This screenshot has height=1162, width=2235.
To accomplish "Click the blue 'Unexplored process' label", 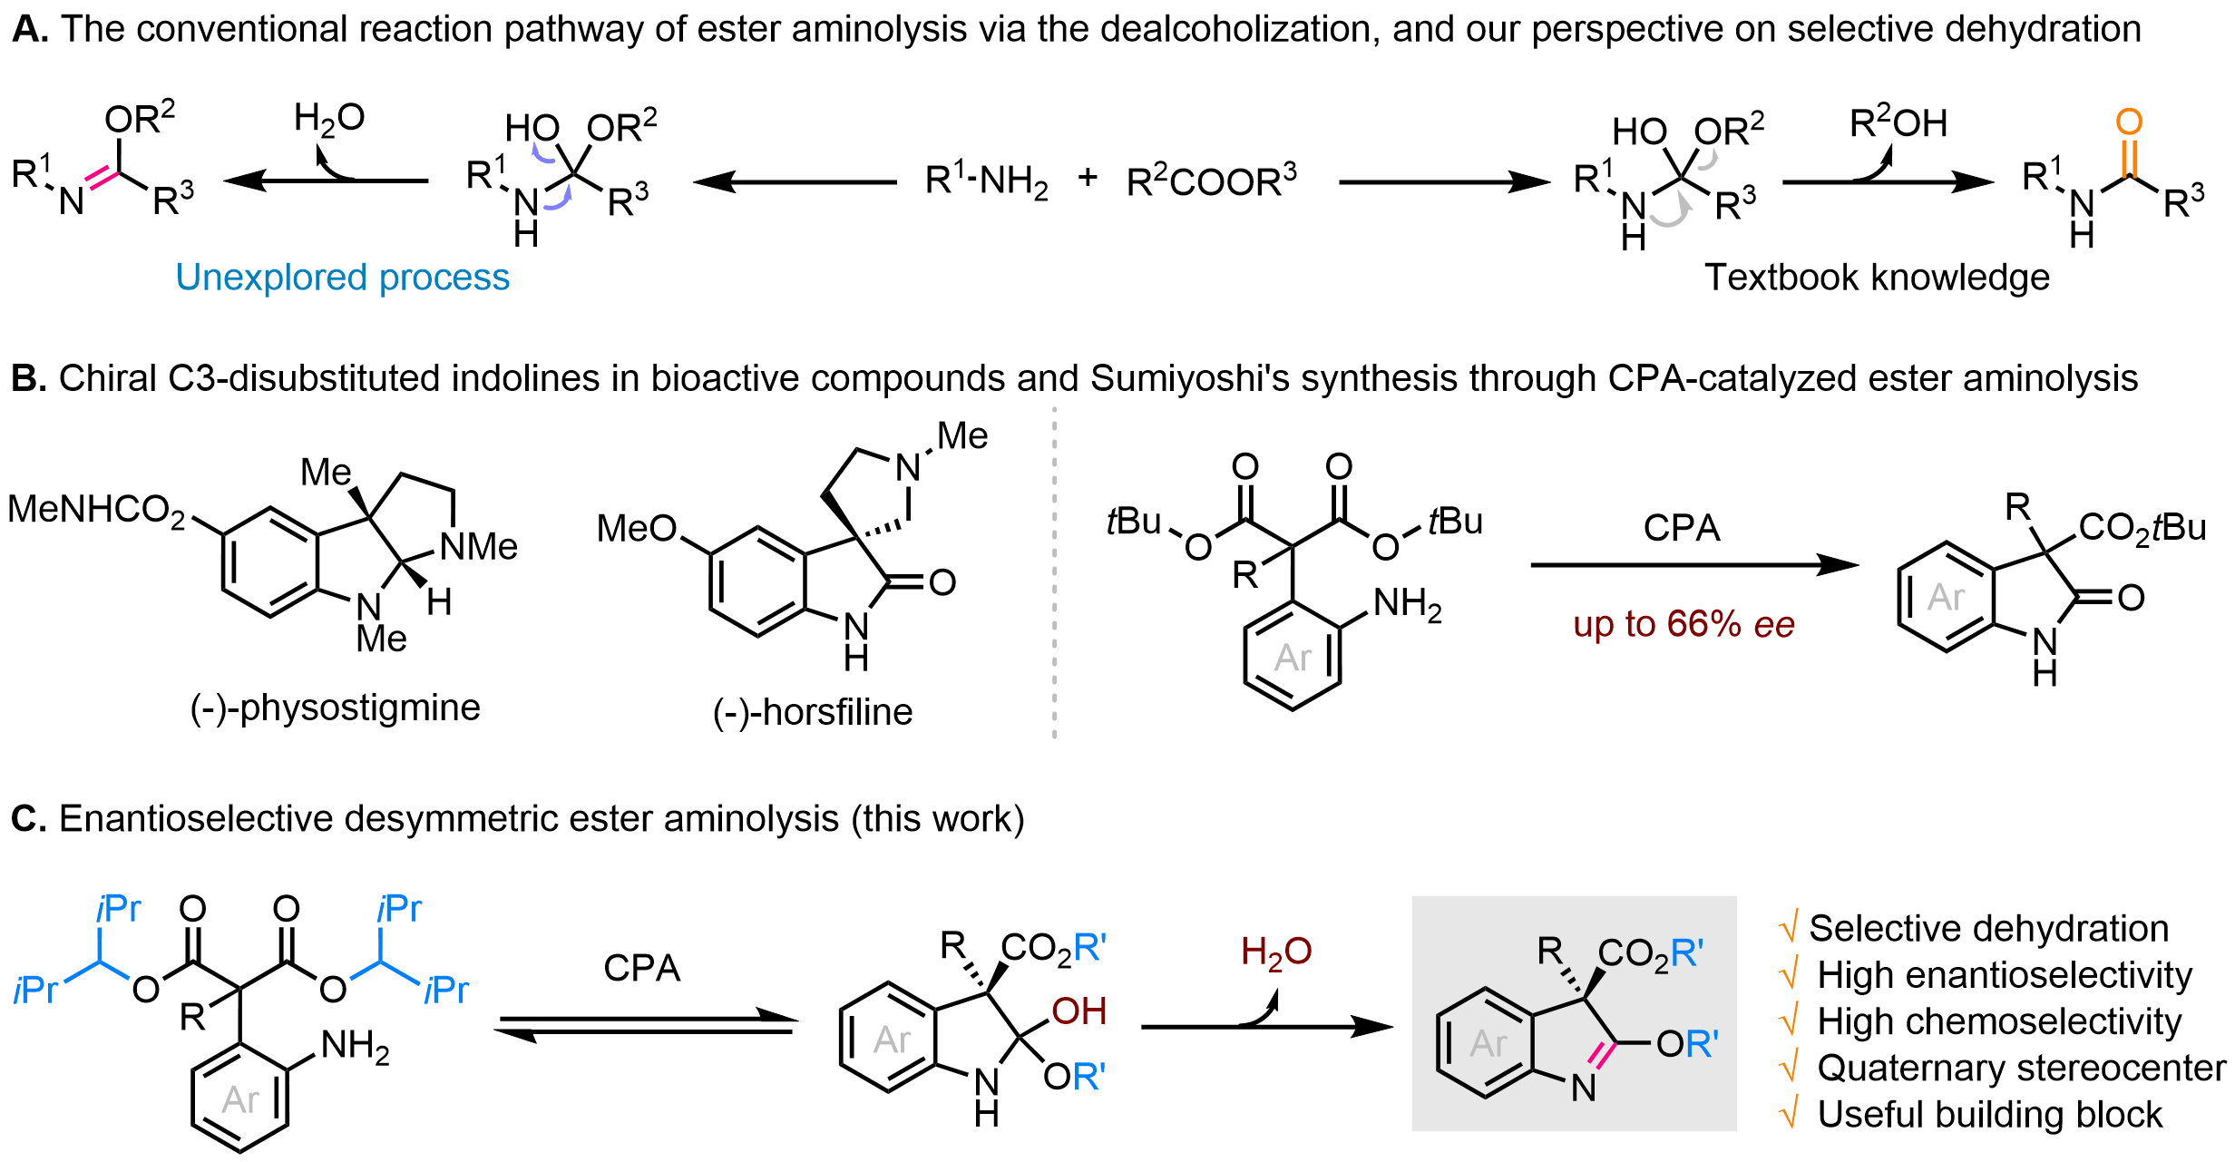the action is [x=343, y=278].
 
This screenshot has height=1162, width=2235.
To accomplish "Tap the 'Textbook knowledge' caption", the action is [x=1877, y=278].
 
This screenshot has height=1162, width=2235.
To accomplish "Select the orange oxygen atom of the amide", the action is [x=2129, y=122].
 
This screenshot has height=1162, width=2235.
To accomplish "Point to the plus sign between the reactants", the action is [x=1088, y=177].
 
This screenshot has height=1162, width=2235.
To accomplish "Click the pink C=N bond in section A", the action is [x=102, y=177].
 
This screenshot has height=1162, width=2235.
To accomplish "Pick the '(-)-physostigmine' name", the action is [x=335, y=708].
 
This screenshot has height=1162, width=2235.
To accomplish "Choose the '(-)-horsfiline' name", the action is [x=813, y=712].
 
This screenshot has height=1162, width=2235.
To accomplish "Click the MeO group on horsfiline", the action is [x=637, y=528].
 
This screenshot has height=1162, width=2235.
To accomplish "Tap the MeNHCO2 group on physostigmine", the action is [x=96, y=511].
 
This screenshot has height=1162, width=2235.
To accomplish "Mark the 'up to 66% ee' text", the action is [x=1684, y=624].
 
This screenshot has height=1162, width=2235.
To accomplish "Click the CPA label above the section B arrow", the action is [x=1682, y=528].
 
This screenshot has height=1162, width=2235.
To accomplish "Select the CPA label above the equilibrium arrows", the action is [x=642, y=969].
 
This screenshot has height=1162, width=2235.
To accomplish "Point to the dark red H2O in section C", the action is [x=1276, y=952].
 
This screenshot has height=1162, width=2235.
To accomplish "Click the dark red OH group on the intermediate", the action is [x=1079, y=1011].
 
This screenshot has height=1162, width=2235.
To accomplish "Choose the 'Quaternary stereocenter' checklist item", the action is [x=2021, y=1069].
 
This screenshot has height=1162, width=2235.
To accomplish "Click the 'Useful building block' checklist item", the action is [x=1990, y=1115].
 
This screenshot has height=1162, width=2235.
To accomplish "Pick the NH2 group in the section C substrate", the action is [x=356, y=1048].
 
